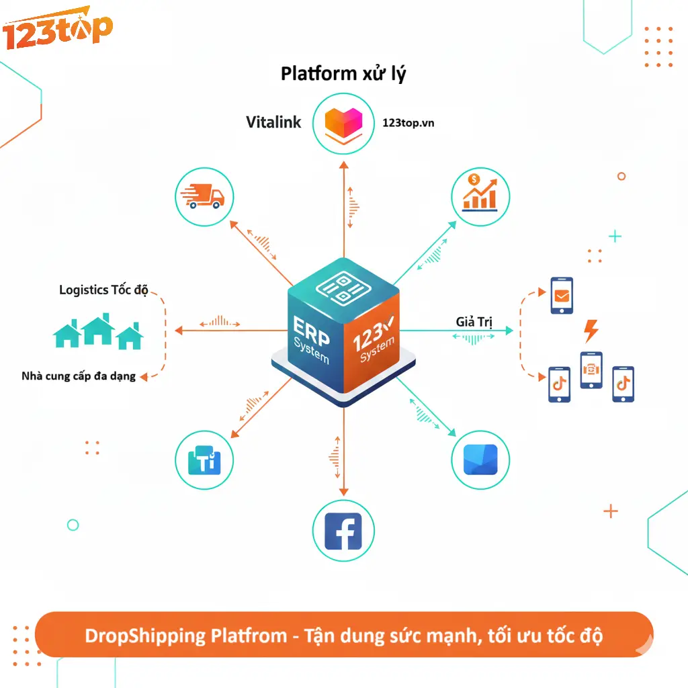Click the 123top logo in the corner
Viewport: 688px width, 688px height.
[x=56, y=30]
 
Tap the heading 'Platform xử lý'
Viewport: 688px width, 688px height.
[x=343, y=73]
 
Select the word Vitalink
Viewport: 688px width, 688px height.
[x=273, y=122]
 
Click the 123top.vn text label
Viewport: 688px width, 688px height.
[x=408, y=123]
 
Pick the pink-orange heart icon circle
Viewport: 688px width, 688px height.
[x=343, y=122]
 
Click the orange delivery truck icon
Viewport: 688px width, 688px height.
[x=204, y=196]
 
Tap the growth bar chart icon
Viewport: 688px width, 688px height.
[x=480, y=194]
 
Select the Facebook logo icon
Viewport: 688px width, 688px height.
[x=343, y=531]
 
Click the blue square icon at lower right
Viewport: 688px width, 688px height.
[x=480, y=460]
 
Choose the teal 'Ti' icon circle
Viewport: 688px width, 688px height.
[x=204, y=460]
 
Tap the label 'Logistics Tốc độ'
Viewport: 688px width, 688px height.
[x=103, y=290]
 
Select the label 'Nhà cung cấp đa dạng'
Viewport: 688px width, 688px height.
[x=79, y=376]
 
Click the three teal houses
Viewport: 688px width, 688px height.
[x=98, y=332]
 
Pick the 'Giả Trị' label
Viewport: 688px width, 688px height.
[x=474, y=322]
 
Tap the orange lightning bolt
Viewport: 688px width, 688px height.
[x=591, y=331]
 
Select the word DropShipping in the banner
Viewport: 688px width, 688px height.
[x=136, y=635]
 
